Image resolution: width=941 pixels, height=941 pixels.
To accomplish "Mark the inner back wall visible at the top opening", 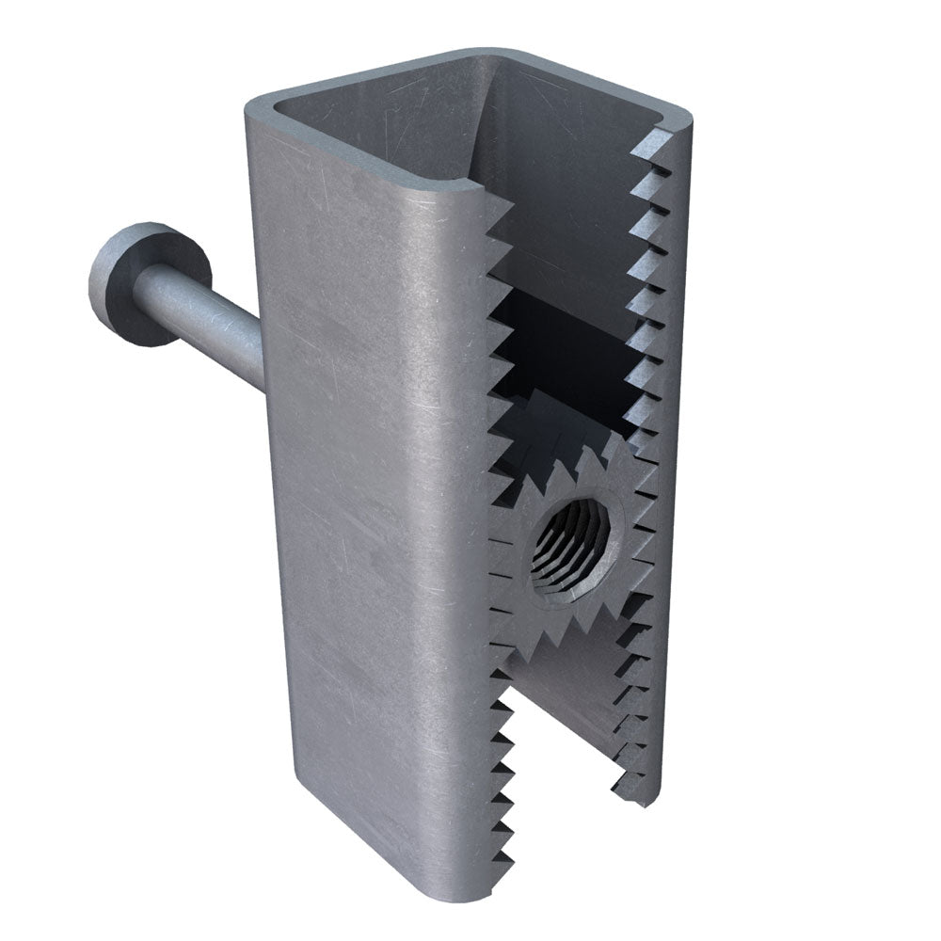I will [565, 169].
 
